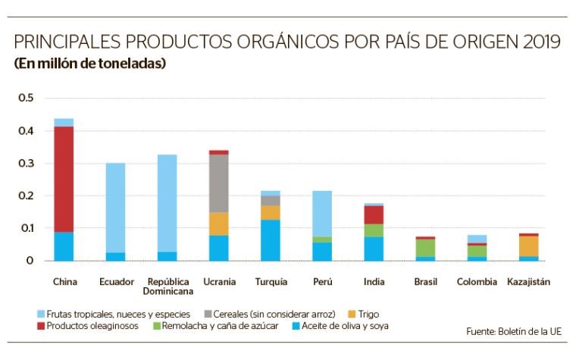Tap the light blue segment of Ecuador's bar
click(x=115, y=208)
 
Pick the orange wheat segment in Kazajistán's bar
click(x=529, y=246)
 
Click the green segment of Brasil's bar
click(x=426, y=248)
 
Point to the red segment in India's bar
click(x=374, y=214)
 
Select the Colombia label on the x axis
click(x=477, y=282)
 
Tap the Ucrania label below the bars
click(x=219, y=282)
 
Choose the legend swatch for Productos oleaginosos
click(x=40, y=327)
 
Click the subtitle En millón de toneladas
click(x=89, y=64)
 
